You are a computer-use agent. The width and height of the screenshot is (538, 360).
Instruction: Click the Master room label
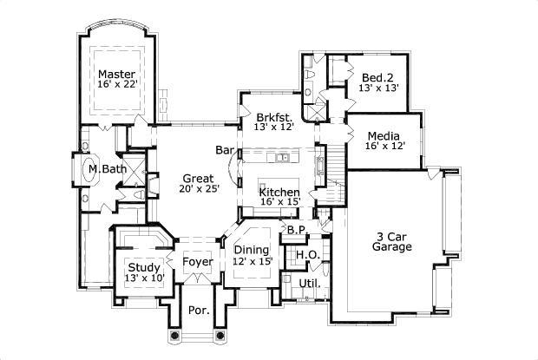click(115, 74)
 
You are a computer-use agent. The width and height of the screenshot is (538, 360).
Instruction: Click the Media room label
click(383, 135)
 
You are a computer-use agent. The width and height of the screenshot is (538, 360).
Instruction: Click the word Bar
click(226, 150)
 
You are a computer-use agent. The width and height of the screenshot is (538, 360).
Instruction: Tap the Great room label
click(199, 179)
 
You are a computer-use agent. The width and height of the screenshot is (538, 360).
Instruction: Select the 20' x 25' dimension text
click(200, 189)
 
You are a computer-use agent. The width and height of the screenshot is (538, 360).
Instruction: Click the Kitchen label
click(280, 192)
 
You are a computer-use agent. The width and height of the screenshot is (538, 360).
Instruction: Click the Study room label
click(143, 266)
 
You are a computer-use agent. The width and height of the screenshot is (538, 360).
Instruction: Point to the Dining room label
click(251, 250)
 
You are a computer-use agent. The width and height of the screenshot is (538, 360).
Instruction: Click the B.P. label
click(296, 230)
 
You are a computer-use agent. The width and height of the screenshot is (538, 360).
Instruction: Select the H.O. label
click(305, 254)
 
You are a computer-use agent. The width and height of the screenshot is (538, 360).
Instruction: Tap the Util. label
click(309, 283)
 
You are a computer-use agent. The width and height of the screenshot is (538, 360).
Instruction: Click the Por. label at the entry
click(200, 310)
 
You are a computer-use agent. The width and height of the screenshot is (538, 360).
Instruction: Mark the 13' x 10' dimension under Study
click(143, 278)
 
